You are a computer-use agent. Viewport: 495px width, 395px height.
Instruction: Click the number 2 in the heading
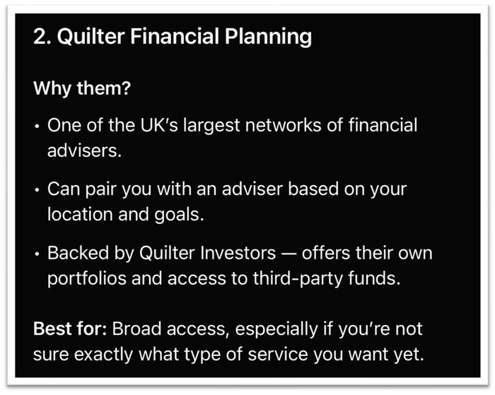coord(40,36)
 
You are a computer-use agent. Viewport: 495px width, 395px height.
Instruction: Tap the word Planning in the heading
coord(268,37)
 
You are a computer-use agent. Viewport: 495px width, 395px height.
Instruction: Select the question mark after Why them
coord(126,88)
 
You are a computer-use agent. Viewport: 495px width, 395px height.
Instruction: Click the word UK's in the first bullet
coord(159,125)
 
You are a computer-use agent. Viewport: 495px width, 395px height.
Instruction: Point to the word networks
coord(284,125)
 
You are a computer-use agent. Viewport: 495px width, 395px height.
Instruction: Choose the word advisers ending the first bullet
coord(84,151)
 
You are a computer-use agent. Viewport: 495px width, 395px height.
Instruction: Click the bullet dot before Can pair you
coord(37,190)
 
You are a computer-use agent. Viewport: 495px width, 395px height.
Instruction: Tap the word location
coord(80,215)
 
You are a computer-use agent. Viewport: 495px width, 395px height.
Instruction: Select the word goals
coord(179,216)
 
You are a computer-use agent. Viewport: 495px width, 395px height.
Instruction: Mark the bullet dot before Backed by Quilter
coord(37,254)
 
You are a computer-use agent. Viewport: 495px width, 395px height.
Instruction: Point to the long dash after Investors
coord(289,254)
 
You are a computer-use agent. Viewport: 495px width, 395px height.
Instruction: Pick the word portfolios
coord(87,279)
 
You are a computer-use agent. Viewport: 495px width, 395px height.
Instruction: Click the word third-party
coord(298,279)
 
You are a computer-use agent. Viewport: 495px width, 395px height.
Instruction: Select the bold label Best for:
coord(71,329)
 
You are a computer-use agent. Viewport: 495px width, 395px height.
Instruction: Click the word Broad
coord(137,329)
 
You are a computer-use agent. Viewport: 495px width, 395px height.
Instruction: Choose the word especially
coord(276,330)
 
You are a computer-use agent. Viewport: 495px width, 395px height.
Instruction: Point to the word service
coord(278,354)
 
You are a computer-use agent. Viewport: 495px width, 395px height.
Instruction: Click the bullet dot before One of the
coord(37,126)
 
